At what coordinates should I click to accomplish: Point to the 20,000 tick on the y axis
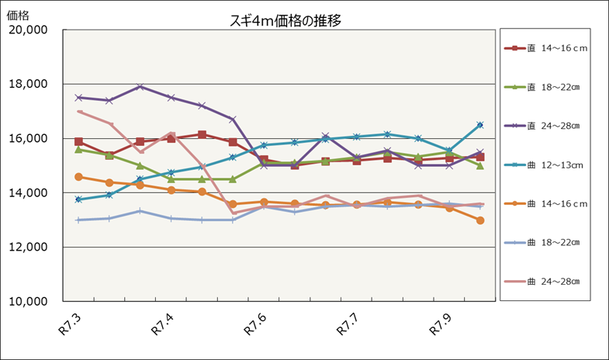pos(29,30)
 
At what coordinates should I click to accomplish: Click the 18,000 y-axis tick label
pos(29,85)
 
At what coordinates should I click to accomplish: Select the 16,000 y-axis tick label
pos(29,139)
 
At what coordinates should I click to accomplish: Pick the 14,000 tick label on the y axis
pos(29,193)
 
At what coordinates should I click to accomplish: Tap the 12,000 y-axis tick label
pos(29,247)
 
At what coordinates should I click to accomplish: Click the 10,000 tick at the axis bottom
pos(29,302)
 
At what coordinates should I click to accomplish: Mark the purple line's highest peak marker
pos(140,87)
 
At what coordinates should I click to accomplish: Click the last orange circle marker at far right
pos(480,220)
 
